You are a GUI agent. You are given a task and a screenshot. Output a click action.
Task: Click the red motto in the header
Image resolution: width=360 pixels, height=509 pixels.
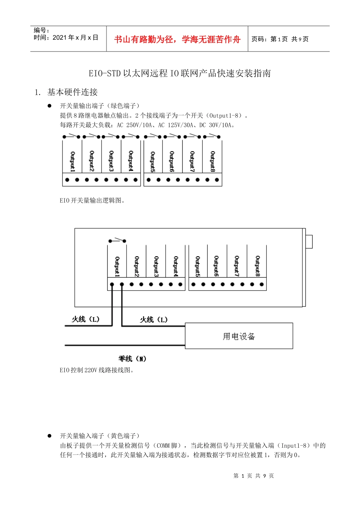point(177,39)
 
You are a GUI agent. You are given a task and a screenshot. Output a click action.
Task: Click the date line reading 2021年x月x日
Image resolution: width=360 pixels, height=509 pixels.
point(66,37)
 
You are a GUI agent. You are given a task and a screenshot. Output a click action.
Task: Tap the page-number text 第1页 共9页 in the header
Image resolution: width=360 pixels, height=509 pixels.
point(280,39)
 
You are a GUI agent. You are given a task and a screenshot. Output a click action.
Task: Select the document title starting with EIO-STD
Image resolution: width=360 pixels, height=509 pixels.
point(180,73)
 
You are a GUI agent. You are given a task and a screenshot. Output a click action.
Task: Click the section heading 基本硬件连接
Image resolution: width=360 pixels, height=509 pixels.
point(72,92)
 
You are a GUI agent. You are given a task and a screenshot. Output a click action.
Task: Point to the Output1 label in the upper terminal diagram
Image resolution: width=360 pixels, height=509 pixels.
point(72,161)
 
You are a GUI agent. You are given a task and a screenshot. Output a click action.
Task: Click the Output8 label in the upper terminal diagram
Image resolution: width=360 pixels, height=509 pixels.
point(213,161)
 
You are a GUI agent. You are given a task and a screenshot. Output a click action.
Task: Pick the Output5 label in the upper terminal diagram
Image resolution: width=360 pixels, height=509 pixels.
point(153,161)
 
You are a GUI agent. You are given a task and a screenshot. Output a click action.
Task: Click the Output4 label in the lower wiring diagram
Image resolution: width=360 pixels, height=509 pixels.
point(176,266)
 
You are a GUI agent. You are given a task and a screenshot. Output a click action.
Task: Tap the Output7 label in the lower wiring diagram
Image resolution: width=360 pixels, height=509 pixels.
point(237,266)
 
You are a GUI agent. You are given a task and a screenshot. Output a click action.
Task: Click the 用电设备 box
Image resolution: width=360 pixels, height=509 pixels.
point(239,336)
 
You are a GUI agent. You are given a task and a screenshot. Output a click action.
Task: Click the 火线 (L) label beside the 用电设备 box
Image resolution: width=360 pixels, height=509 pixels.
point(153,320)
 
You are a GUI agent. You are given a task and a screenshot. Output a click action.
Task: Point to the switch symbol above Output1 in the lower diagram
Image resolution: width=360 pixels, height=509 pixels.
point(117,240)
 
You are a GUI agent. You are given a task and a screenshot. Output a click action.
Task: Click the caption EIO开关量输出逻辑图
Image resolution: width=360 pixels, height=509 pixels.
point(92,200)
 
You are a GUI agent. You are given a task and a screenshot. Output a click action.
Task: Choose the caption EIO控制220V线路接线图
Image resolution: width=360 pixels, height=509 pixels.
point(97,370)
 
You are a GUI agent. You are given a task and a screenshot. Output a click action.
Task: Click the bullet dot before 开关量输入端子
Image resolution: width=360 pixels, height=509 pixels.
point(49,436)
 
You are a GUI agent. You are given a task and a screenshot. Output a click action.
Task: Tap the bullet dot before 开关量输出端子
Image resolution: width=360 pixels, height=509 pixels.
point(49,106)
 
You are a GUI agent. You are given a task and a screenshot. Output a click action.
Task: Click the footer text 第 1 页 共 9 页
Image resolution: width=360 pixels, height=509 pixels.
point(254,476)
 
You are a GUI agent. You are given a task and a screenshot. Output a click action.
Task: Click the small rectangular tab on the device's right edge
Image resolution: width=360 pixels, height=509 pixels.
point(309,242)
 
